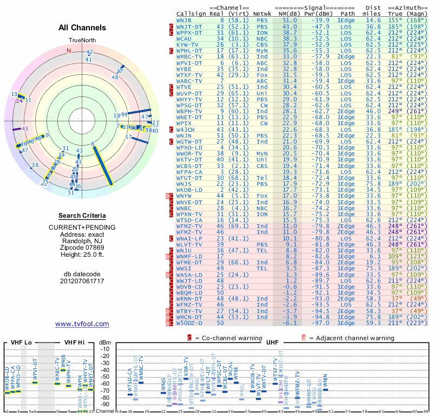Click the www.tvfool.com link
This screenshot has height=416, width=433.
tap(82, 324)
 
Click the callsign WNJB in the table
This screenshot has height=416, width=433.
tap(185, 19)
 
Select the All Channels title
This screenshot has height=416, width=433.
tap(82, 28)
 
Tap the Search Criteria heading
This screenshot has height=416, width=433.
tap(82, 216)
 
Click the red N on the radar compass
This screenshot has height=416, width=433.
tap(69, 50)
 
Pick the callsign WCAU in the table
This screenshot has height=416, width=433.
tap(185, 38)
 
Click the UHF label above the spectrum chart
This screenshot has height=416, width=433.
tap(272, 342)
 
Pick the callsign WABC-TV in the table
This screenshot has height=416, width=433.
tap(190, 81)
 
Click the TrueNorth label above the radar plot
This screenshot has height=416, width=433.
tap(82, 41)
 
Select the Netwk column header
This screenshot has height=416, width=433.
tap(263, 13)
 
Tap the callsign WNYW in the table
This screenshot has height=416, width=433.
tap(185, 196)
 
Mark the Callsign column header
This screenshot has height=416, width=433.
tap(192, 13)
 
